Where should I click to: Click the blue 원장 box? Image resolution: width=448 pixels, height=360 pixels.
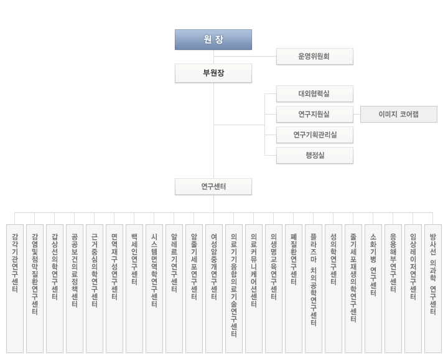click(213, 39)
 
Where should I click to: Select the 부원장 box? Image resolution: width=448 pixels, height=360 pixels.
click(213, 73)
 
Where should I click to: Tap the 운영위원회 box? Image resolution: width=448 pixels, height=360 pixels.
click(314, 56)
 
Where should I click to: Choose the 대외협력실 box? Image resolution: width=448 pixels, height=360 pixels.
click(314, 93)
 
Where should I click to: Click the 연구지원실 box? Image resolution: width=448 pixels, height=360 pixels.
click(314, 114)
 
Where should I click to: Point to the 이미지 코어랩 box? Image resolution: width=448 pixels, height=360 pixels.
click(399, 114)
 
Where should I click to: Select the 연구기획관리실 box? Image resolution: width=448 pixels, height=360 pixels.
click(314, 135)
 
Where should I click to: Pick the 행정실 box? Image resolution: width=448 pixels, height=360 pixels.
click(314, 155)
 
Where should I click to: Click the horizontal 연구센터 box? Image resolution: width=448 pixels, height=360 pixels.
click(213, 186)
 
